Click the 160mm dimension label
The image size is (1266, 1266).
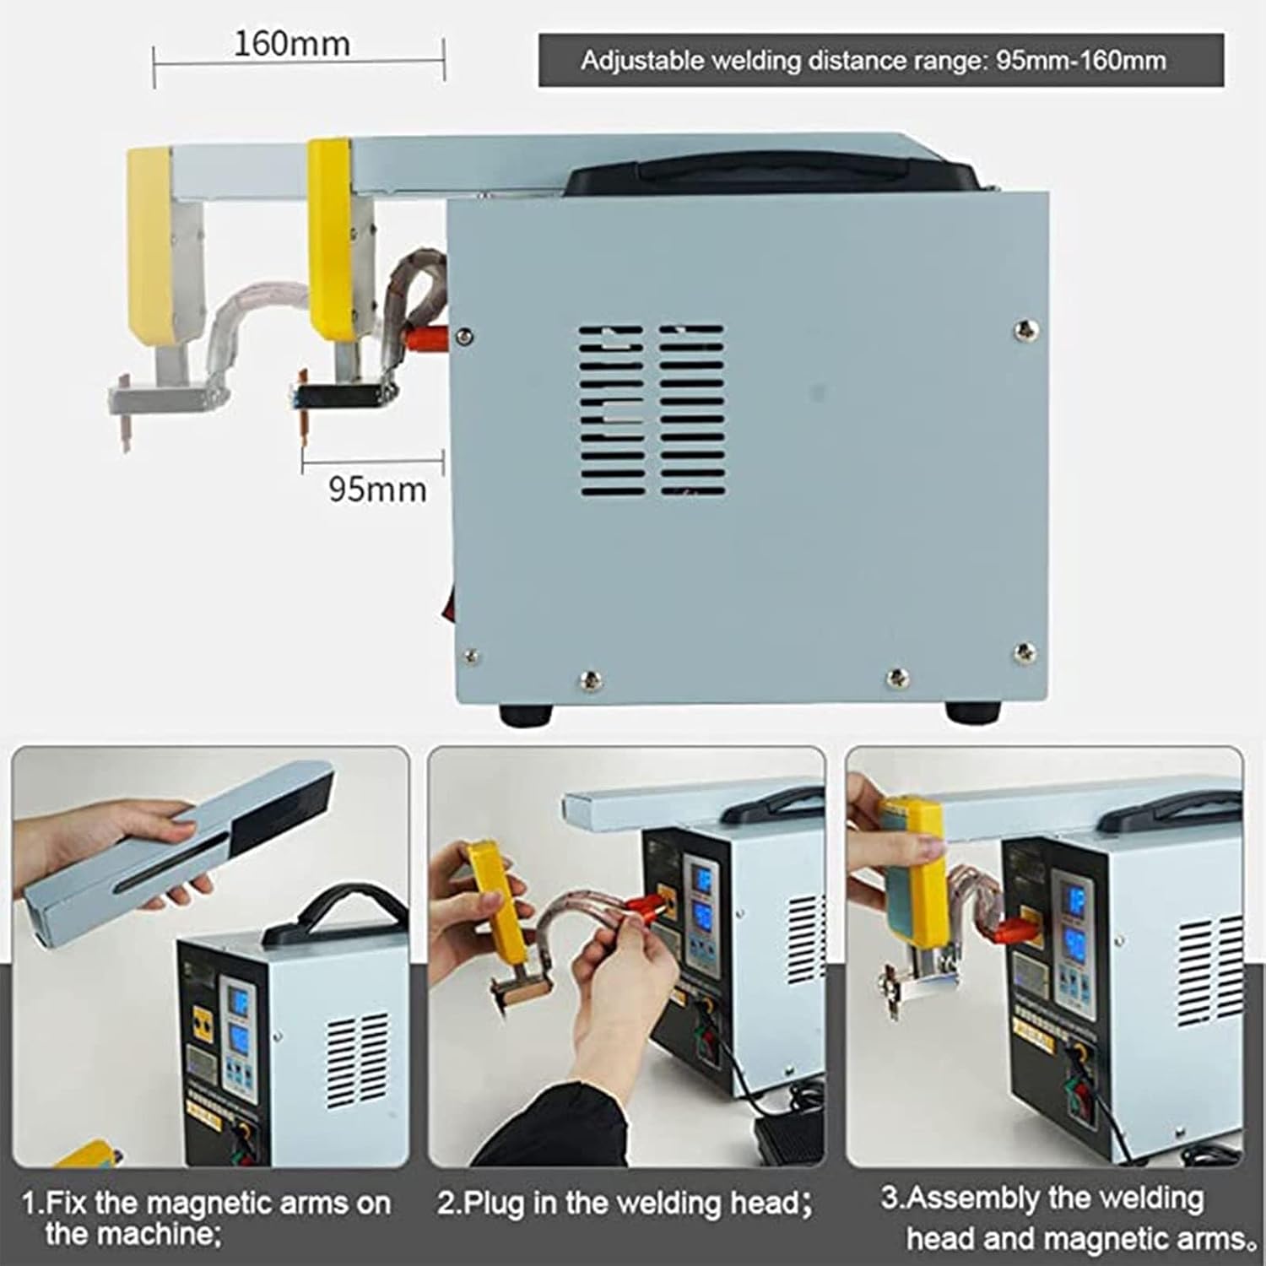click(x=291, y=44)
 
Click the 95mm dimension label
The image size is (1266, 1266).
click(x=376, y=489)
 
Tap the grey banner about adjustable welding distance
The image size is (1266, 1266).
click(x=880, y=60)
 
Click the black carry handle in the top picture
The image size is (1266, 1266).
click(x=772, y=173)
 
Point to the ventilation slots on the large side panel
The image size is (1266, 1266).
click(x=651, y=410)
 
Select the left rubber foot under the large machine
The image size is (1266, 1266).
click(x=525, y=714)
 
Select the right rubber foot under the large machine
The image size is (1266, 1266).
click(x=976, y=713)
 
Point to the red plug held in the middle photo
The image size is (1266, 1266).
click(x=645, y=913)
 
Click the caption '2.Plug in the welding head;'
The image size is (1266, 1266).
click(x=625, y=1203)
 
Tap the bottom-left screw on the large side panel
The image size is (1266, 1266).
click(x=469, y=656)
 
